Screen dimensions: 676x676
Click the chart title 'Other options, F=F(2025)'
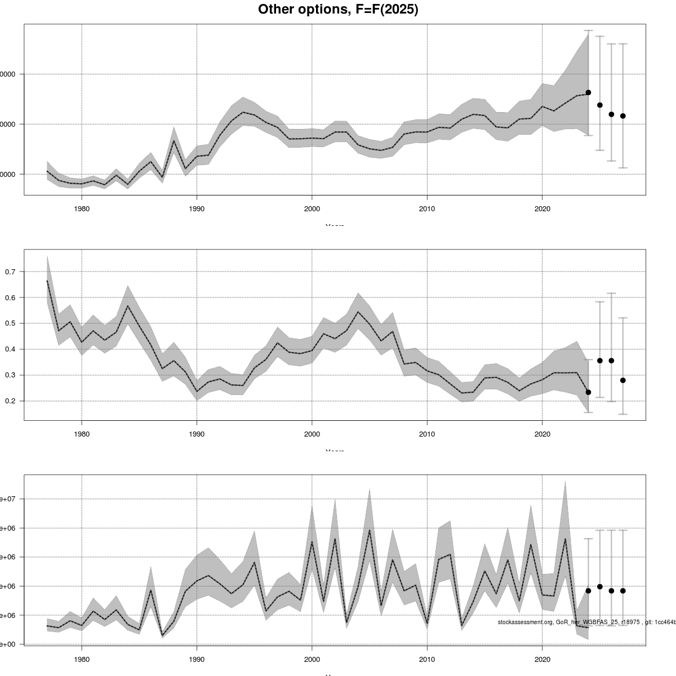coord(338,10)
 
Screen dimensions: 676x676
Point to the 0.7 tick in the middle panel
coord(11,272)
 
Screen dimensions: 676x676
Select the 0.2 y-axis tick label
coord(11,401)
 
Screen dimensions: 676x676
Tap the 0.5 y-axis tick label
coord(11,323)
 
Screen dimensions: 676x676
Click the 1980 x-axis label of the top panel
coord(82,209)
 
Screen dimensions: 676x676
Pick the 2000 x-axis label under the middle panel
coord(312,434)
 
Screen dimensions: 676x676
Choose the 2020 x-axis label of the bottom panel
coord(542,660)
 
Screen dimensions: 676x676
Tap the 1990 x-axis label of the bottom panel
coord(197,660)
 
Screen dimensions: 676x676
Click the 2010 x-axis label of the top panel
coord(427,209)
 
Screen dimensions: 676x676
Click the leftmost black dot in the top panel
coord(588,92)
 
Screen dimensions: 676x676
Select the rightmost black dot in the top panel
coord(623,116)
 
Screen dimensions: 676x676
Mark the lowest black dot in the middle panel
coord(588,392)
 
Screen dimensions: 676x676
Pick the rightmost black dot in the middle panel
coord(623,380)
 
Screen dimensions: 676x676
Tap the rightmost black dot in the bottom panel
coord(623,590)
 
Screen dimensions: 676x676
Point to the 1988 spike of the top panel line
coord(174,140)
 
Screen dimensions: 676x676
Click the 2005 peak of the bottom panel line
coord(370,530)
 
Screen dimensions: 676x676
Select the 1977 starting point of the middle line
coord(47,281)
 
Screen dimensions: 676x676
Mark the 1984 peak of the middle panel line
coord(128,306)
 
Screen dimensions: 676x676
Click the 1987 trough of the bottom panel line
coord(162,635)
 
